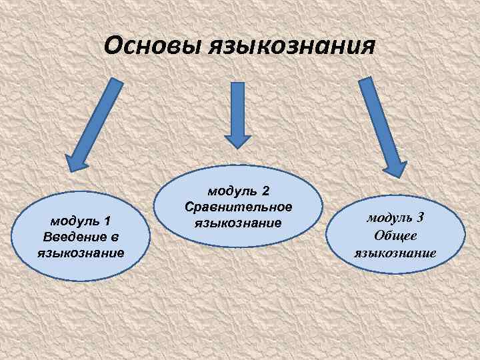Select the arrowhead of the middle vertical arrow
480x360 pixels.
[x=237, y=139]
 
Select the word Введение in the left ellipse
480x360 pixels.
[x=75, y=237]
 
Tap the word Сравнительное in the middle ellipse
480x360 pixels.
[x=239, y=207]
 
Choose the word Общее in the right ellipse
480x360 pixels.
[x=395, y=235]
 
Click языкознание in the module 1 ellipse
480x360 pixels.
[x=81, y=253]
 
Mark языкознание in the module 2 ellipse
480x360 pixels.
[x=238, y=222]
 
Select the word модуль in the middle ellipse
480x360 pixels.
[x=232, y=191]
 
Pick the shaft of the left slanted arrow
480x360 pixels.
[x=97, y=113]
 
